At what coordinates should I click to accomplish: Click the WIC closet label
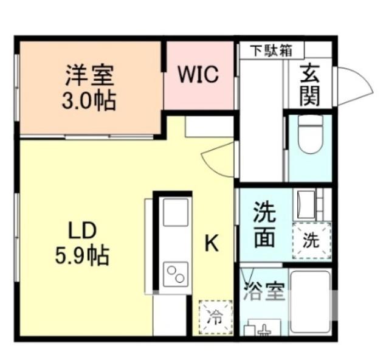[198, 75]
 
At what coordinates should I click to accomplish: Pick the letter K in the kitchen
[211, 243]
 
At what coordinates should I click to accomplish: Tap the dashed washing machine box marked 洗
[311, 239]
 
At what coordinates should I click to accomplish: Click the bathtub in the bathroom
[310, 302]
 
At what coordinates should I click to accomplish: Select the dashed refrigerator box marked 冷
[215, 316]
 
